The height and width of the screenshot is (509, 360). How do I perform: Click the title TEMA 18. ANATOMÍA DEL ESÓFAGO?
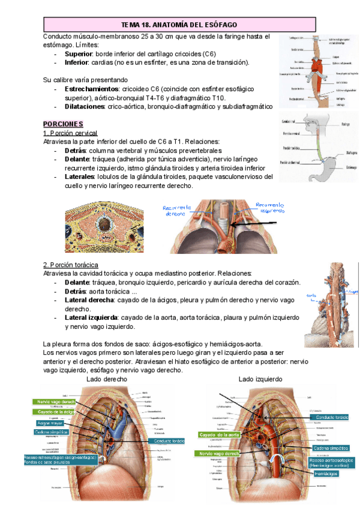click(x=179, y=25)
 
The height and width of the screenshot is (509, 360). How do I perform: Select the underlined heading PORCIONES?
click(x=63, y=123)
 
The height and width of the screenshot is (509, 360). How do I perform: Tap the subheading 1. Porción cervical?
click(x=70, y=133)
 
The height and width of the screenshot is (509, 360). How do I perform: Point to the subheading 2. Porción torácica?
click(x=71, y=265)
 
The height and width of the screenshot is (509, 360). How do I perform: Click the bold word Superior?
click(x=79, y=54)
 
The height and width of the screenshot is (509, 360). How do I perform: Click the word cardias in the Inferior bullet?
click(x=108, y=62)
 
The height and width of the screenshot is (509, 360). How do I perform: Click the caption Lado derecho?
click(x=107, y=379)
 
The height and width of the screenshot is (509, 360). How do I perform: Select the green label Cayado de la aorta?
click(x=220, y=434)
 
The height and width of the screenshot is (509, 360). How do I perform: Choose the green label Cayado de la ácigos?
click(x=55, y=412)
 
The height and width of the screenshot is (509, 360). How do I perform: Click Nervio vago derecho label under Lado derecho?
click(x=56, y=402)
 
